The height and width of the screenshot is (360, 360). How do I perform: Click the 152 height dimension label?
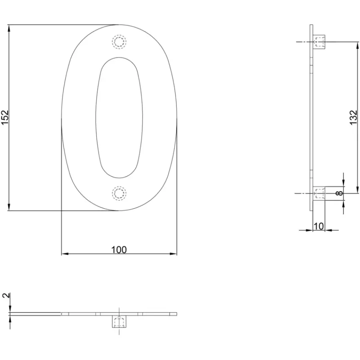pos(5,118)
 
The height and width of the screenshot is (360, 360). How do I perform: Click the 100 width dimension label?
pos(119,250)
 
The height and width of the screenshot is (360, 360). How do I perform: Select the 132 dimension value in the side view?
pos(354,118)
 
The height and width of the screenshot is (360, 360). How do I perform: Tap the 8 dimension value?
pos(340,193)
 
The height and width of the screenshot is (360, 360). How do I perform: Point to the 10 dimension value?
pos(318,226)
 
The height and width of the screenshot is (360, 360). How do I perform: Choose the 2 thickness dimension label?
pos(7,295)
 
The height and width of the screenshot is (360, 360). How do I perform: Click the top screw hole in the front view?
pos(119,42)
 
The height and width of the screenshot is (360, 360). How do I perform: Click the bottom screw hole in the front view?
pos(119,194)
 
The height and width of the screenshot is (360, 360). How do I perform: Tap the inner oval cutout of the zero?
pos(119,117)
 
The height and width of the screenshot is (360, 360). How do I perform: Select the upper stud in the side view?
pos(319,42)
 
